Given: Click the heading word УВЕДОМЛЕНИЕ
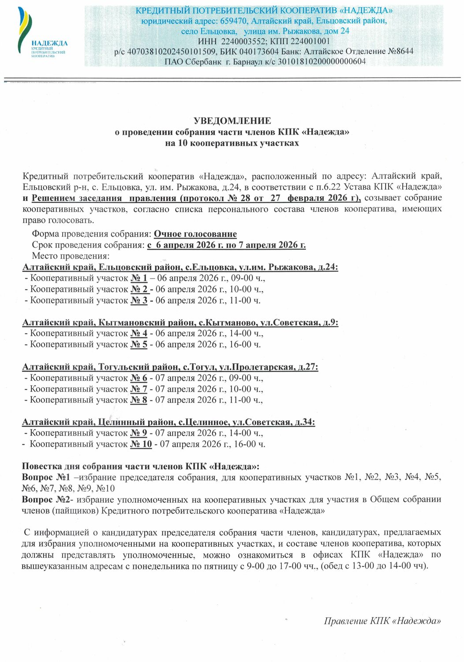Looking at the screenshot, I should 232,120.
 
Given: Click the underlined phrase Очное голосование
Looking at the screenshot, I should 195,234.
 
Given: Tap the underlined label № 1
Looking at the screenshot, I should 139,278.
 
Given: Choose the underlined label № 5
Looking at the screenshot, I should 139,344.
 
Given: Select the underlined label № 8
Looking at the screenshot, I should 139,400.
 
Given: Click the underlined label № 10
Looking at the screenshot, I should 141,444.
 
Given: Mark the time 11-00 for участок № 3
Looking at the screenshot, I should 243,301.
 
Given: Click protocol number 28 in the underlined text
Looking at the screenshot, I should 246,198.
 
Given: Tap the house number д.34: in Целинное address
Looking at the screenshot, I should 305,422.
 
